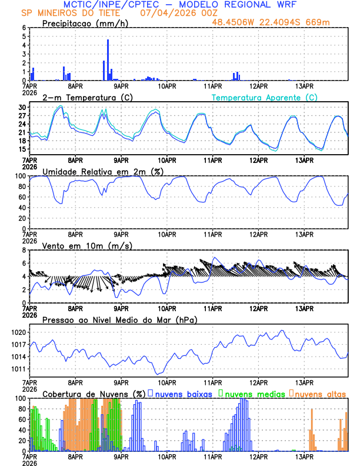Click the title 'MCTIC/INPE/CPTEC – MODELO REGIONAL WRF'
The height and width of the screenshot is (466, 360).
pos(180,5)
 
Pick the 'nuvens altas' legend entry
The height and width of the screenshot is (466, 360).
pos(318,393)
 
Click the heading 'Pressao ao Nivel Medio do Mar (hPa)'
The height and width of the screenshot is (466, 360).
pos(119,319)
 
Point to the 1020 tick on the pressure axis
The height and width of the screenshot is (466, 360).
pos(18,332)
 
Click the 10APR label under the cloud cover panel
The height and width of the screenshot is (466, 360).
pos(167,456)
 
